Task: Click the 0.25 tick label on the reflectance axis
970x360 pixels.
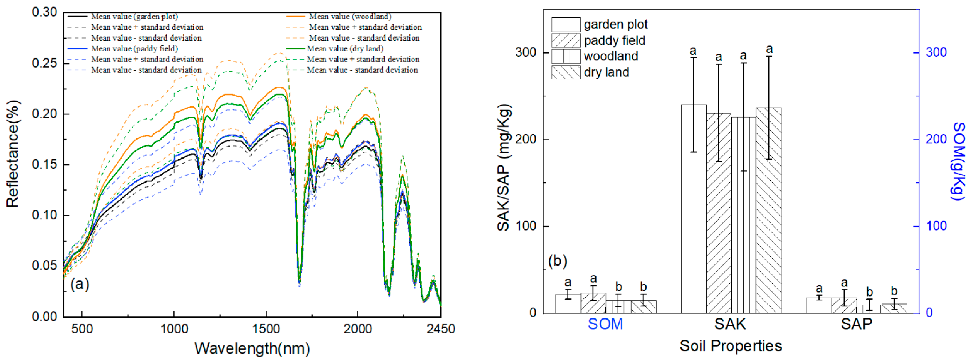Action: tap(45, 63)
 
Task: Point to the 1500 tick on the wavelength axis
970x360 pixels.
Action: tap(266, 329)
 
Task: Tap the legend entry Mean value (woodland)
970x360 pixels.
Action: tap(350, 17)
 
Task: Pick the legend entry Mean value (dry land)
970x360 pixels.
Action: tap(345, 49)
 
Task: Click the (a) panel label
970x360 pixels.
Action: tap(79, 284)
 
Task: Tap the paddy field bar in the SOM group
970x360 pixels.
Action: tap(593, 303)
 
